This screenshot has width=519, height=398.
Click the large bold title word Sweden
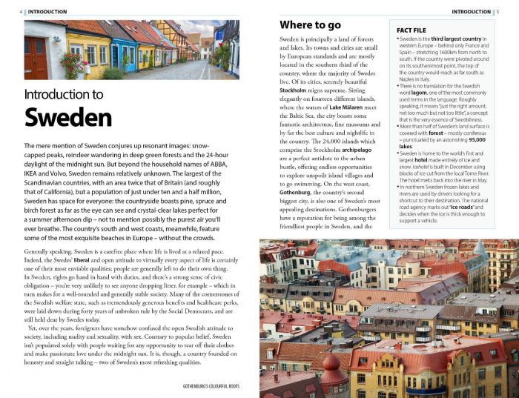pos(68,118)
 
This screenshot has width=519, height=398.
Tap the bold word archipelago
pos(354,150)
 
